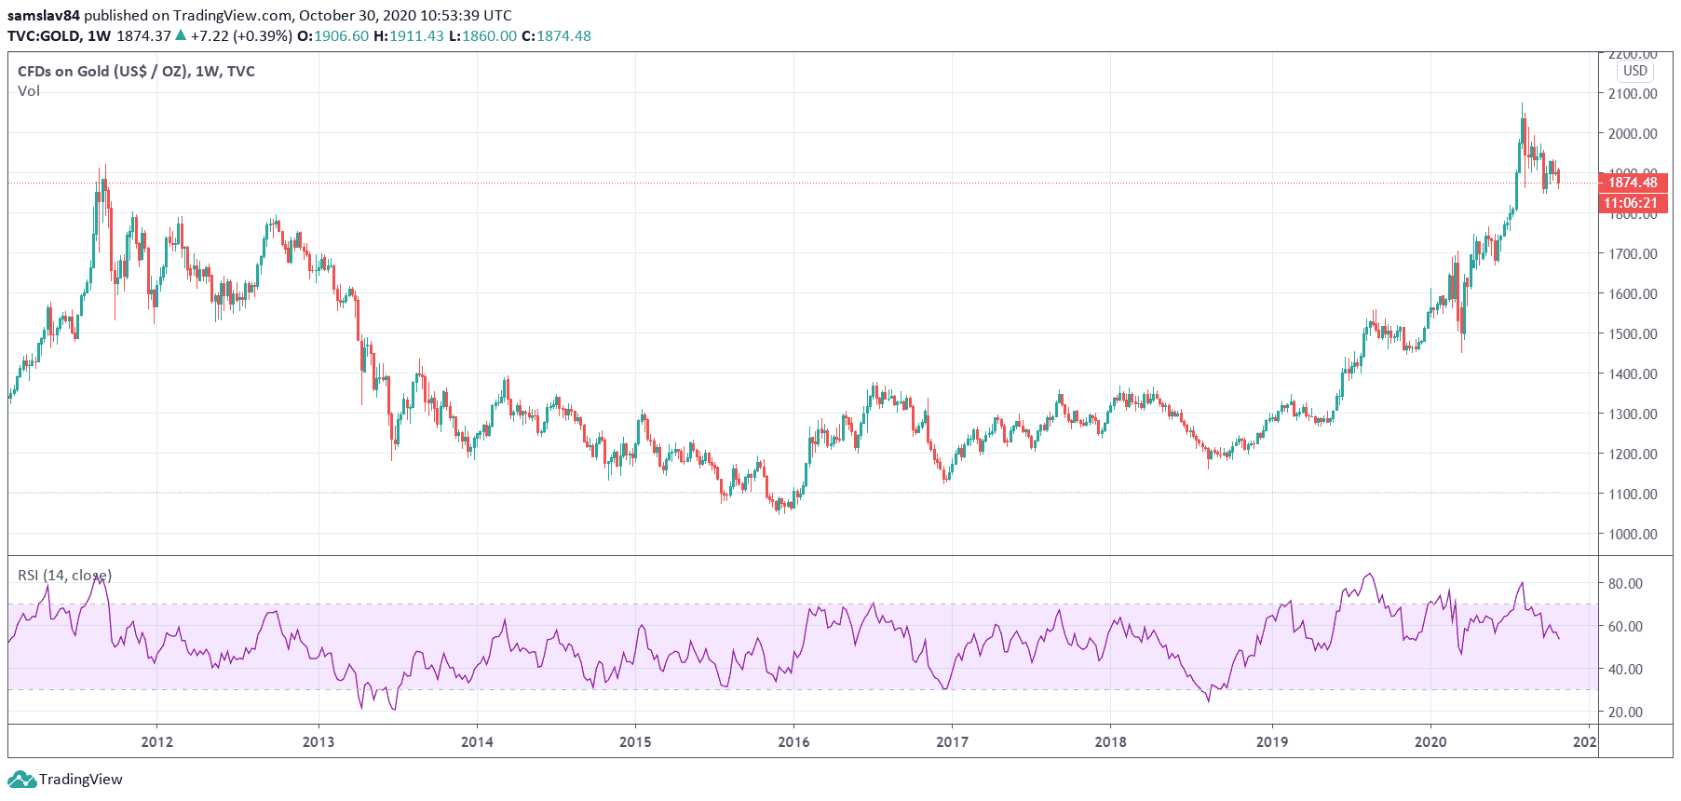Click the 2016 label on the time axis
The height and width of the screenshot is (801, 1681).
pyautogui.click(x=793, y=742)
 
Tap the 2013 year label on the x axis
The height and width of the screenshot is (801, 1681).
pyautogui.click(x=319, y=742)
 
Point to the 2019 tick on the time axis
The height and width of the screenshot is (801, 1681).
pyautogui.click(x=1272, y=742)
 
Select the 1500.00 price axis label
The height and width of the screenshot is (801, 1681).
pyautogui.click(x=1633, y=333)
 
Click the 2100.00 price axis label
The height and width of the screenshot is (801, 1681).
pyautogui.click(x=1633, y=93)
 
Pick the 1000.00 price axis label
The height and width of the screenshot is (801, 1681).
pyautogui.click(x=1633, y=535)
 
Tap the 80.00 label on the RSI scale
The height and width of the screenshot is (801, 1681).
pyautogui.click(x=1625, y=584)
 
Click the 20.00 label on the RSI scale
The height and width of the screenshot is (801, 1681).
pyautogui.click(x=1625, y=713)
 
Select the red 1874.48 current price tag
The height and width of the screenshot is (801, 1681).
pyautogui.click(x=1633, y=183)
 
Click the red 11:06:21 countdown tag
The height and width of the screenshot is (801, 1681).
pyautogui.click(x=1631, y=203)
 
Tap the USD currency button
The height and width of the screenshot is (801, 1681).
pyautogui.click(x=1635, y=71)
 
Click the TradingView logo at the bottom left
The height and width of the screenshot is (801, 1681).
pyautogui.click(x=66, y=780)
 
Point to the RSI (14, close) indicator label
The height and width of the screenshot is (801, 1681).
pyautogui.click(x=64, y=576)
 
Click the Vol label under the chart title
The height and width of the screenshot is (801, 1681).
pyautogui.click(x=29, y=91)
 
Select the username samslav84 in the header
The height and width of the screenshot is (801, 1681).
pyautogui.click(x=44, y=16)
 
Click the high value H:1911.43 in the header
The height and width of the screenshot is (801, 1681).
pyautogui.click(x=408, y=36)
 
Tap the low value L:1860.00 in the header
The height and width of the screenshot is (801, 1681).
pyautogui.click(x=482, y=36)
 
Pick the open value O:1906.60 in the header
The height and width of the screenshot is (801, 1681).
pyautogui.click(x=332, y=36)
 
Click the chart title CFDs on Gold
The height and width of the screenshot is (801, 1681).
pyautogui.click(x=136, y=72)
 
